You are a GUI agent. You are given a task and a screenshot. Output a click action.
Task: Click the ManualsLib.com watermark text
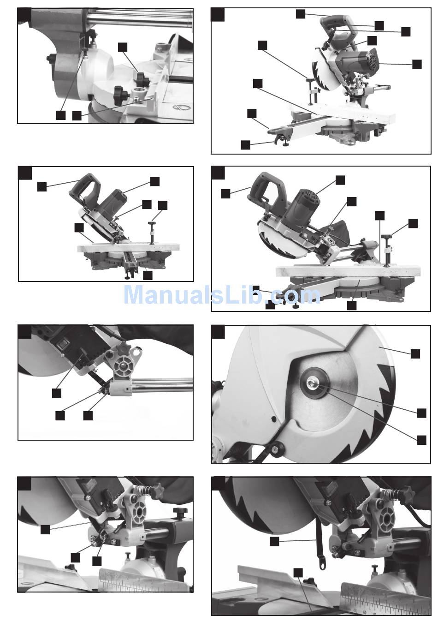222,295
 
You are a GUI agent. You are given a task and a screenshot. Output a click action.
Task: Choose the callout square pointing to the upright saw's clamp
262,45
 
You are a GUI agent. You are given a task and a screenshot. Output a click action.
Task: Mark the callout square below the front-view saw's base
148,275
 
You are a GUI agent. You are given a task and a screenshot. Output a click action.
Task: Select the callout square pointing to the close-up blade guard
415,354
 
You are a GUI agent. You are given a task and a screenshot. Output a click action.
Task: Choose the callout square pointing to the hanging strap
274,542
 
